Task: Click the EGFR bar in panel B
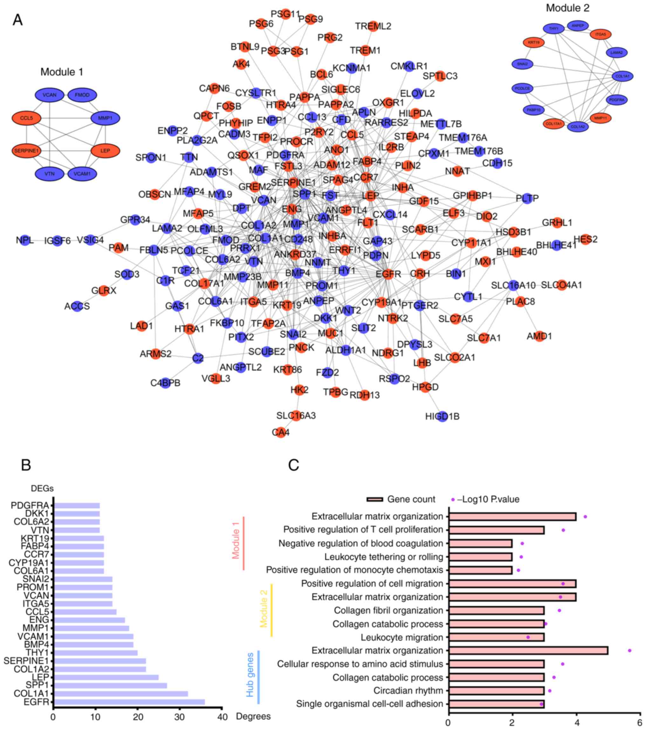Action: (128, 702)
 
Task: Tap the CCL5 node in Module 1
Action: (26, 118)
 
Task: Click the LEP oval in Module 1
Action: (105, 151)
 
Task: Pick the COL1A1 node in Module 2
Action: (622, 76)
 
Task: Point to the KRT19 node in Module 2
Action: (533, 43)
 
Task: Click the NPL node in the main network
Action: (25, 240)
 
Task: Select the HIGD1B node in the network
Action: (443, 417)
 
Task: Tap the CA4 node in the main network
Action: (281, 432)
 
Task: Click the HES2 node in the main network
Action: (586, 239)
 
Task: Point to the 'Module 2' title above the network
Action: (567, 8)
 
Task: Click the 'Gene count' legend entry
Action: (401, 499)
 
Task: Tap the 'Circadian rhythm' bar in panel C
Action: (496, 691)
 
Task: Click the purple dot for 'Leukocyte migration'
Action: (528, 637)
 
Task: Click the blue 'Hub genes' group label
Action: (250, 675)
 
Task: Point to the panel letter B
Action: (26, 465)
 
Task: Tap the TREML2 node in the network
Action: (373, 26)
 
